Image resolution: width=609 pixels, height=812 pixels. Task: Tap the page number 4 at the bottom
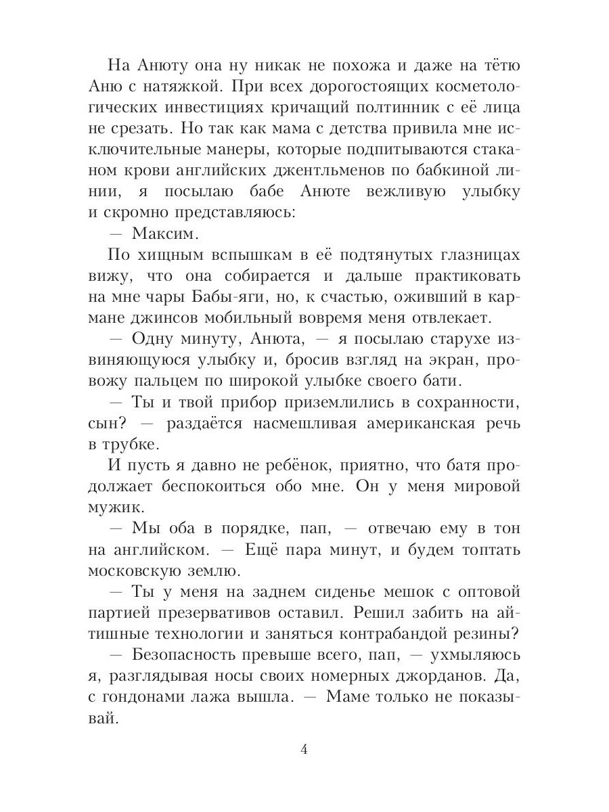click(304, 749)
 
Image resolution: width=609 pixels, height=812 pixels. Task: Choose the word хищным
click(166, 254)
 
